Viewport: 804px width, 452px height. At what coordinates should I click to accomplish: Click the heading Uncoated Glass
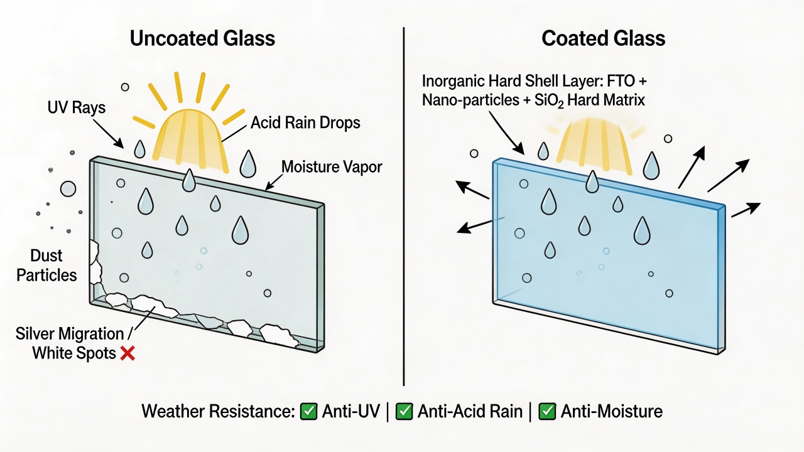coord(202,38)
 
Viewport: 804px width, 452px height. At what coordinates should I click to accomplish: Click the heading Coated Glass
coord(603,38)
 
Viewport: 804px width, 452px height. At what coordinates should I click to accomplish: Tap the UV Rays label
coord(77,107)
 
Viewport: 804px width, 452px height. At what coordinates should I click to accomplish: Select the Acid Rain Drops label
coord(305,122)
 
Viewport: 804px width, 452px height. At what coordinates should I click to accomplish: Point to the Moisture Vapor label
coord(332,167)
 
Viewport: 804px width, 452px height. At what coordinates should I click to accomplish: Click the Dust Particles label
coord(46,266)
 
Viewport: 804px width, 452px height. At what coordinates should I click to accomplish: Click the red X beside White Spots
coord(128,353)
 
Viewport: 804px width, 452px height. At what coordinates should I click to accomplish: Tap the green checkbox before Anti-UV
coord(308,411)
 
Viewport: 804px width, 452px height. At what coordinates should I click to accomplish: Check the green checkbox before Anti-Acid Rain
coord(404,411)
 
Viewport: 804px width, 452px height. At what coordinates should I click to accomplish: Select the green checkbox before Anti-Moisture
coord(547,411)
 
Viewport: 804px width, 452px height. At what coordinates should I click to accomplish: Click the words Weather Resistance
coord(218,411)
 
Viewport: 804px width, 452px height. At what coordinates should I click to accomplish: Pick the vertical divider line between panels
coord(404,207)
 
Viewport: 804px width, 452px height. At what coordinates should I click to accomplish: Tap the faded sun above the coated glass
coord(594,144)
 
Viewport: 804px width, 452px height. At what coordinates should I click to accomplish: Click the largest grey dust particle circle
coord(68,189)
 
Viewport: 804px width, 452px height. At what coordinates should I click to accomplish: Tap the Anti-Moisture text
coord(612,411)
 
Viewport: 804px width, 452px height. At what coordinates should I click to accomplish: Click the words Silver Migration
coord(70,334)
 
